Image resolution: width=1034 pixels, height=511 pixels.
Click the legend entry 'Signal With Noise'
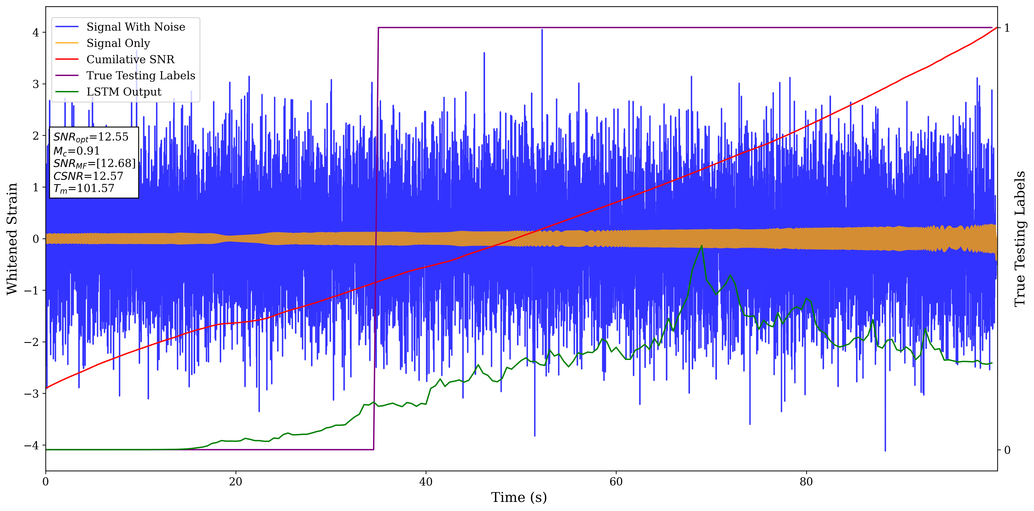136,27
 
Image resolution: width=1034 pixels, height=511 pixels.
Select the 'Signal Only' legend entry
118,43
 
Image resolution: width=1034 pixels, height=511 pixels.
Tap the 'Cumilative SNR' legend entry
130,59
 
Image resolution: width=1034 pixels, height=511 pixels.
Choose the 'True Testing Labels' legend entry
140,75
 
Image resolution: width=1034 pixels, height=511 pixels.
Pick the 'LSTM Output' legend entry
124,92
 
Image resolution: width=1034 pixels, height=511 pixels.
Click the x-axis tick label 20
236,482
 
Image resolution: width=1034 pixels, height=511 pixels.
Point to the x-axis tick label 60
616,482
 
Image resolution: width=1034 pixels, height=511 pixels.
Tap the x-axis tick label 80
806,482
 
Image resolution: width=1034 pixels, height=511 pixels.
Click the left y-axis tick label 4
36,33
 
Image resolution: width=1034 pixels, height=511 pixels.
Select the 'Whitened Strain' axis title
12,239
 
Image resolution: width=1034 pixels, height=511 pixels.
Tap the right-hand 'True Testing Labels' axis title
1020,239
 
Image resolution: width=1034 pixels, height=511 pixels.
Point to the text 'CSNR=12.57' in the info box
88,176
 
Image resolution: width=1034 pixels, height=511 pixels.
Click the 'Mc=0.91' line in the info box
76,151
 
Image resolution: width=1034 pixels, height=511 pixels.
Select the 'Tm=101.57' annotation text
84,189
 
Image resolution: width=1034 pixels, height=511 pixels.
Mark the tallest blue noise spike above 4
542,30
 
